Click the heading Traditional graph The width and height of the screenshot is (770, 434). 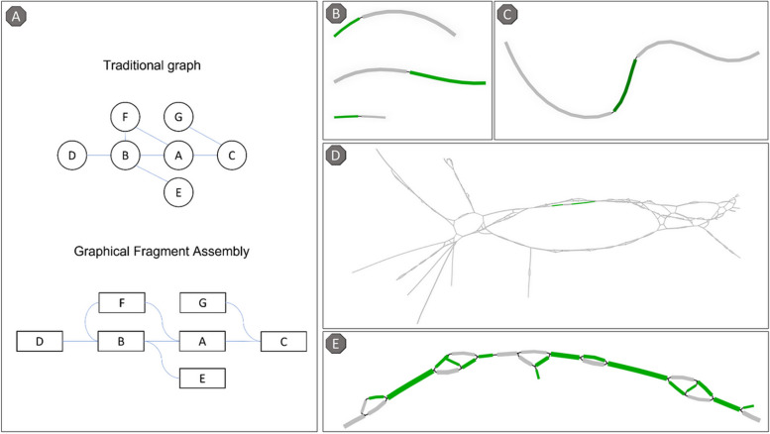(162, 66)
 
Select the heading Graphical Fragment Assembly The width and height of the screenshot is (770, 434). (164, 253)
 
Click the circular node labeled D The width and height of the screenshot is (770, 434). (71, 156)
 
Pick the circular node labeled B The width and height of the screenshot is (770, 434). (124, 156)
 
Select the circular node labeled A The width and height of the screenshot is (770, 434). (177, 156)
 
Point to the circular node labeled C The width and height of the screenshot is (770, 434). (231, 156)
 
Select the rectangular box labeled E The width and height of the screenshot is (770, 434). (203, 378)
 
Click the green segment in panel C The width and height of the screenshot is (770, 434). (625, 83)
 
